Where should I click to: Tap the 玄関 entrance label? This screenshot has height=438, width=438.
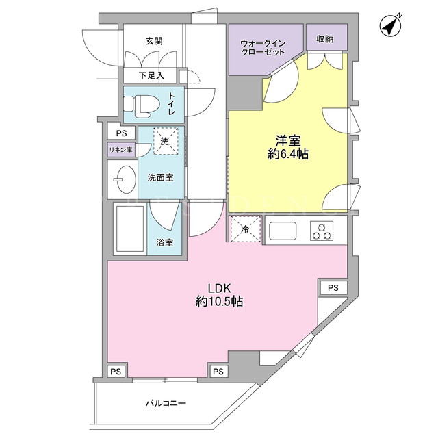click(x=154, y=41)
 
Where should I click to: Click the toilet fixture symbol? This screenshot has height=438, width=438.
click(x=141, y=105)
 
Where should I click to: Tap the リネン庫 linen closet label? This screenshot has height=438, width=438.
click(x=120, y=149)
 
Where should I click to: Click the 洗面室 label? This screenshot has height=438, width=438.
click(x=161, y=177)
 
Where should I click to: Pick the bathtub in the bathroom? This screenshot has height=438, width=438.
click(x=127, y=229)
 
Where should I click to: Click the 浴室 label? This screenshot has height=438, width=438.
click(x=164, y=242)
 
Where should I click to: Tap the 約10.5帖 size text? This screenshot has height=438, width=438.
click(x=219, y=302)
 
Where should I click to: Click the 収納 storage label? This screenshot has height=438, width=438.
click(x=325, y=40)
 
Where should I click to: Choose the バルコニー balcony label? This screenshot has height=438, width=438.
click(x=165, y=404)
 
